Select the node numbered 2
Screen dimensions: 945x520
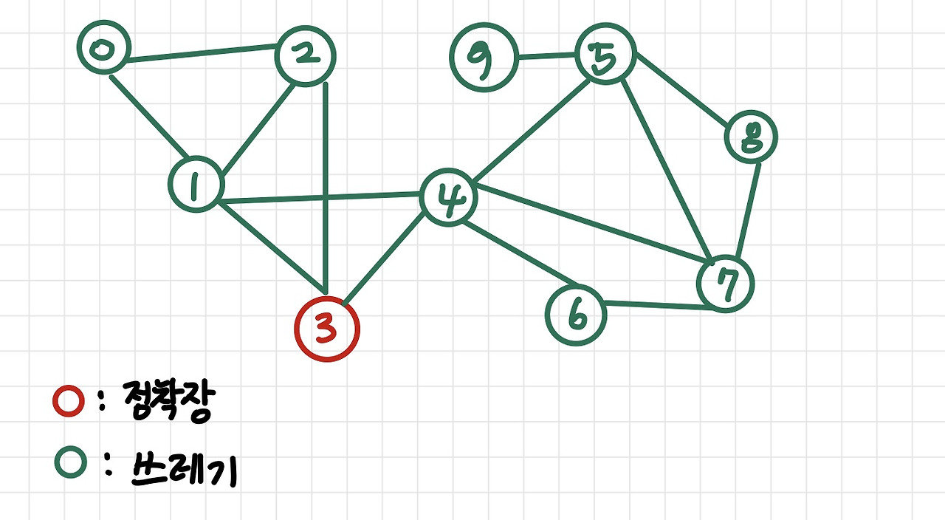pyautogui.click(x=305, y=55)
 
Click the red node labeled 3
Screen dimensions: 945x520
pyautogui.click(x=326, y=329)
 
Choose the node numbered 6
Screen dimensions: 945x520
pyautogui.click(x=576, y=315)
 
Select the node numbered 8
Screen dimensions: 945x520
pyautogui.click(x=751, y=138)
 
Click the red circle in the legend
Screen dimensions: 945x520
pyautogui.click(x=69, y=402)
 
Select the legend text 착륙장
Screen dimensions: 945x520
pyautogui.click(x=169, y=402)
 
